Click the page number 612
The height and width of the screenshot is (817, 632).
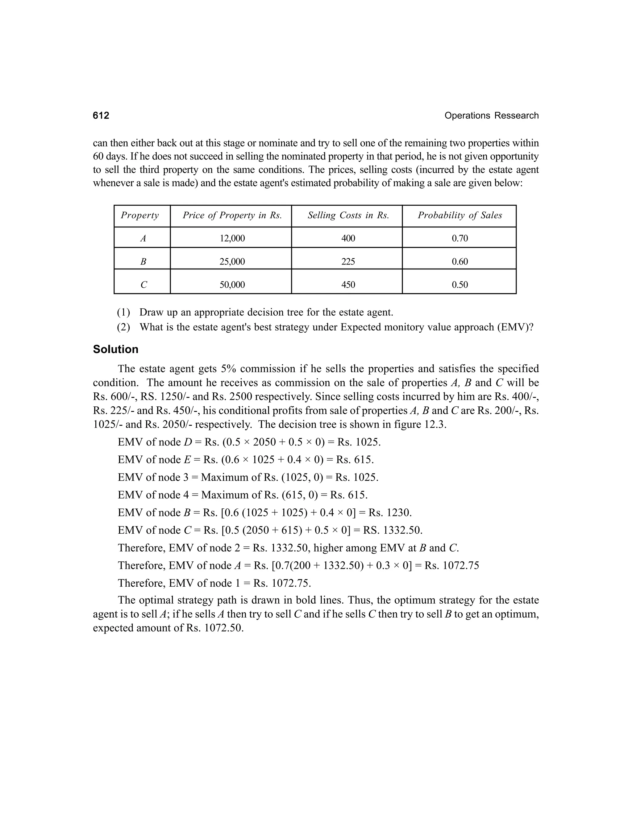click(101, 116)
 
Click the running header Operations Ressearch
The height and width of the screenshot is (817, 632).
click(491, 116)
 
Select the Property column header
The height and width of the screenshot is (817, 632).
click(140, 216)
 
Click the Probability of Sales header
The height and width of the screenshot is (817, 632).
click(459, 216)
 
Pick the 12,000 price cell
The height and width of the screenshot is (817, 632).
click(232, 239)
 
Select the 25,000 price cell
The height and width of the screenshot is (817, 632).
click(232, 262)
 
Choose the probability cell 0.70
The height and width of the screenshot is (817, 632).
click(459, 239)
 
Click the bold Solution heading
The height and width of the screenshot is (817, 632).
click(116, 349)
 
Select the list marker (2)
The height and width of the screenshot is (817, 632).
click(123, 327)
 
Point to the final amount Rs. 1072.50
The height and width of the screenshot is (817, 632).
click(215, 628)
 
